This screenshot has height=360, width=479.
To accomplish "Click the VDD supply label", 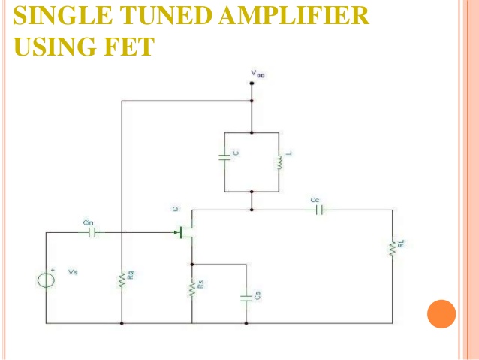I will [258, 74].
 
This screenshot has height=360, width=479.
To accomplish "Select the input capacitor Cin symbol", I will [92, 232].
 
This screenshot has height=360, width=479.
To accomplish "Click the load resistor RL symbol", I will [391, 248].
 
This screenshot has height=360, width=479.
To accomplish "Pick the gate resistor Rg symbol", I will [122, 280].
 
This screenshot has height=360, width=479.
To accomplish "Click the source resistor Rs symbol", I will [192, 289].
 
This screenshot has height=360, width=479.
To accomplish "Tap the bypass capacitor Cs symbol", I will [246, 297].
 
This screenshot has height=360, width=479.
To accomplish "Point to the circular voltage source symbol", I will [47, 280].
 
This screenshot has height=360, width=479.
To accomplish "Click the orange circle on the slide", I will [441, 313].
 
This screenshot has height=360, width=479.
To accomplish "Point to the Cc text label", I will [315, 200].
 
